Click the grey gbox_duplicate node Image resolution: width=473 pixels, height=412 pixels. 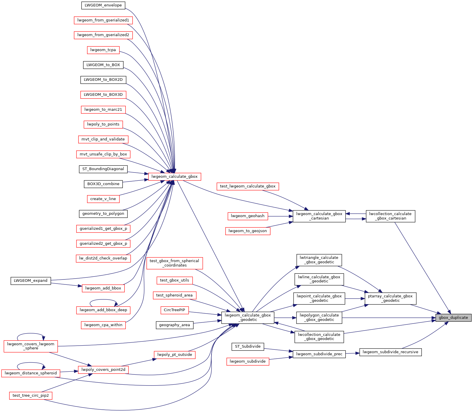click(453, 318)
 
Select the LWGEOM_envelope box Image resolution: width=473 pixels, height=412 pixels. click(103, 5)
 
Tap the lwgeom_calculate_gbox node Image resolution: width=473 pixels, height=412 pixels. click(174, 177)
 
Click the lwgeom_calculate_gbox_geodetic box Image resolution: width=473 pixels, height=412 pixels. click(248, 318)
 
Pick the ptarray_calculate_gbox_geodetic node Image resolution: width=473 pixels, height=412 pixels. click(390, 298)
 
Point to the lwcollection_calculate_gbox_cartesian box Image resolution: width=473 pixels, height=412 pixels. click(390, 216)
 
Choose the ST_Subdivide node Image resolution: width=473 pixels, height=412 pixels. click(248, 346)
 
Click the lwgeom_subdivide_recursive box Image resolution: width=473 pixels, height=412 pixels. click(390, 352)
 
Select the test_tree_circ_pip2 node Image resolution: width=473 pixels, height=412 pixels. click(31, 396)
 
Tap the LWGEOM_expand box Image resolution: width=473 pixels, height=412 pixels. click(31, 281)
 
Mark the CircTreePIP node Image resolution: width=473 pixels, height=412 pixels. click(174, 310)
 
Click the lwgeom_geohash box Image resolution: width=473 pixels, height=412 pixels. click(248, 216)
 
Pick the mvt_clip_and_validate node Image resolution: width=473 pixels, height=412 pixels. click(103, 139)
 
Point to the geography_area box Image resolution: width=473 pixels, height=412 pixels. click(174, 325)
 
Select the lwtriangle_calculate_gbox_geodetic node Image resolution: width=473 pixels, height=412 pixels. click(319, 260)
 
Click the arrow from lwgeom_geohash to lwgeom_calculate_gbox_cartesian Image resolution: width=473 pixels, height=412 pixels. click(280, 216)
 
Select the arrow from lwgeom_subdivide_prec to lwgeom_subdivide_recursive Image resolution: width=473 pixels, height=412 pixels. click(352, 353)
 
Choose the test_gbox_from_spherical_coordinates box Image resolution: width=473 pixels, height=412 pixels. click(174, 263)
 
